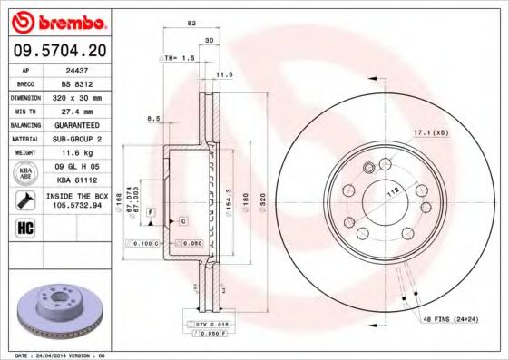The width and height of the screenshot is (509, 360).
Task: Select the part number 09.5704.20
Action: click(55, 51)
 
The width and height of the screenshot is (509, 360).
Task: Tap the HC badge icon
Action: click(23, 227)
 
